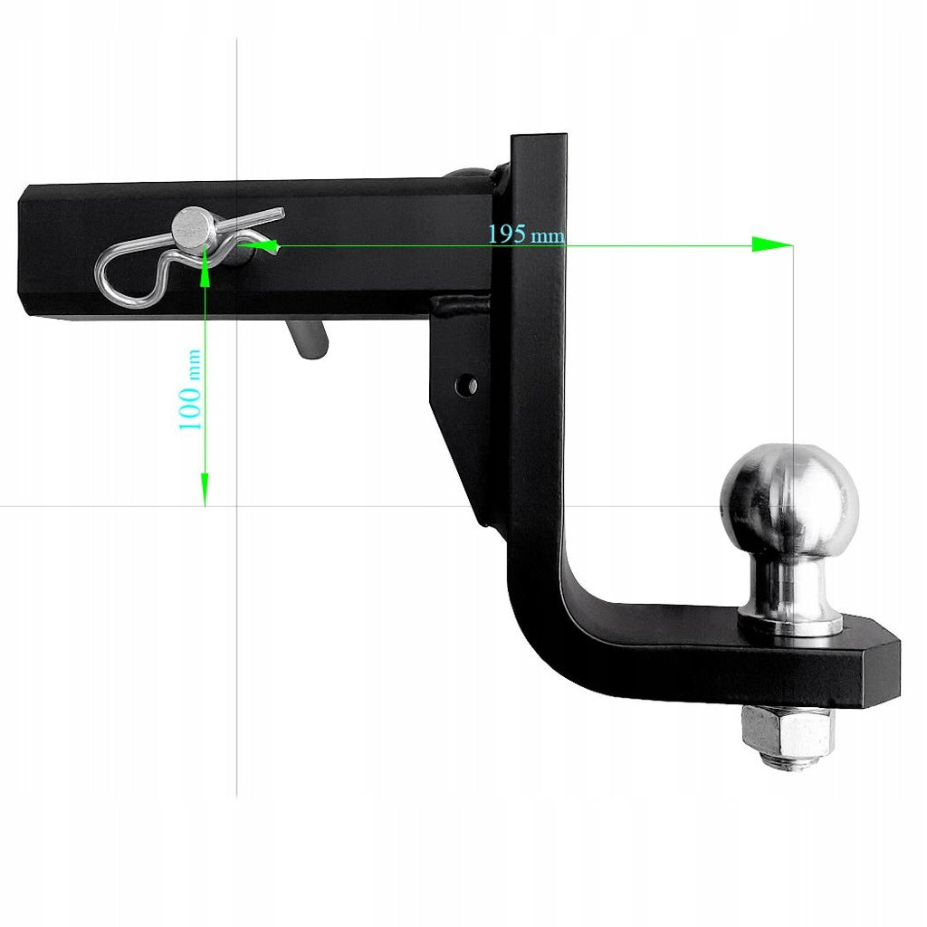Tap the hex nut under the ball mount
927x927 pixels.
[788, 731]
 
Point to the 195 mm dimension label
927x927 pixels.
[526, 234]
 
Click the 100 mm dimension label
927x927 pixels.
[190, 389]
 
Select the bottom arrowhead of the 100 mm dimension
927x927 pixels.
[205, 490]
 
